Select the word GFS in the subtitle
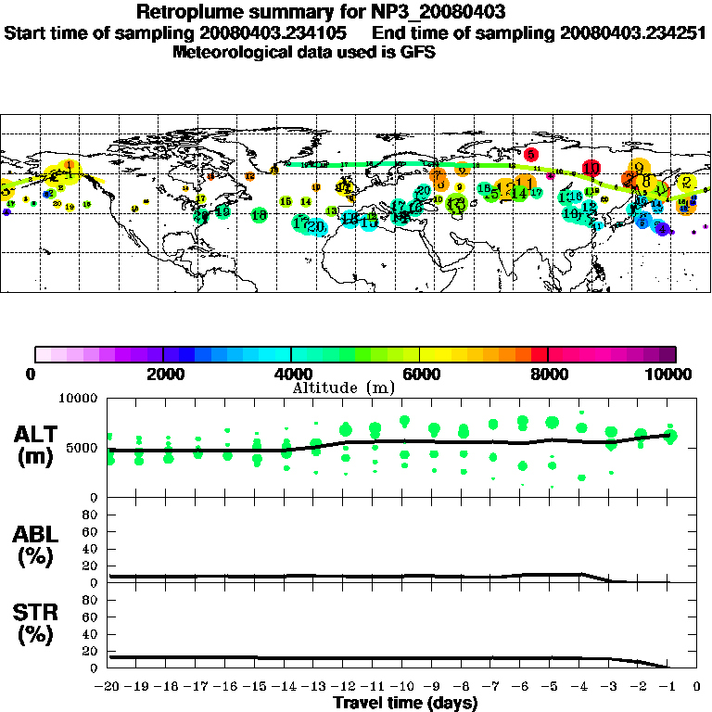[418, 52]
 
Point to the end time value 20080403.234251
[633, 32]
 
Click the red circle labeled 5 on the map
[531, 154]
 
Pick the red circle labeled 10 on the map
[591, 169]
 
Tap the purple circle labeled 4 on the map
[661, 229]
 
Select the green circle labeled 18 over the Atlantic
[260, 215]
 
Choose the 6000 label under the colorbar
[420, 374]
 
